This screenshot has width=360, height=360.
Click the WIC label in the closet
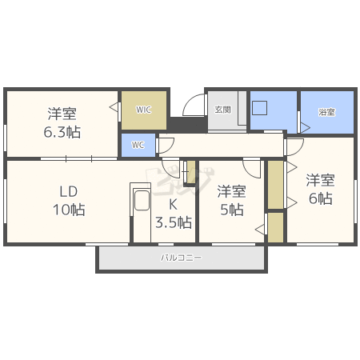[x=143, y=110]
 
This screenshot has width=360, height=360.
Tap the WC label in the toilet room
[x=138, y=146]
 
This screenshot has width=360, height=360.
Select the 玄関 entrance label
[x=222, y=110]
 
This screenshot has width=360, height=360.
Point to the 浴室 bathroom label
[x=326, y=112]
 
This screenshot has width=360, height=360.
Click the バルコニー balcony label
[x=182, y=258]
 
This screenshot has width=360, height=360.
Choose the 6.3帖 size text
[x=62, y=132]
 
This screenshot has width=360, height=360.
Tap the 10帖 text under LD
[x=67, y=210]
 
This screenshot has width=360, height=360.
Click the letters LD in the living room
[x=67, y=192]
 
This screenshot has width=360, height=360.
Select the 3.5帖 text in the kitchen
[x=173, y=222]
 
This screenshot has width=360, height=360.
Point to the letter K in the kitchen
[x=172, y=203]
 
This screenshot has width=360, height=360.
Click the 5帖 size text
[x=231, y=210]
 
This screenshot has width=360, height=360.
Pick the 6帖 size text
[x=320, y=198]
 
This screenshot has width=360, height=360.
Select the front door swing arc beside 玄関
[x=193, y=106]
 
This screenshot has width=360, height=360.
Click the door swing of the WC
[x=166, y=144]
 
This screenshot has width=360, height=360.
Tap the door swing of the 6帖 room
[x=294, y=146]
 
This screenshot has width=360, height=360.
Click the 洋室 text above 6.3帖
[x=62, y=114]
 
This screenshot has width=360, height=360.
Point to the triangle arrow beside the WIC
[x=114, y=105]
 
